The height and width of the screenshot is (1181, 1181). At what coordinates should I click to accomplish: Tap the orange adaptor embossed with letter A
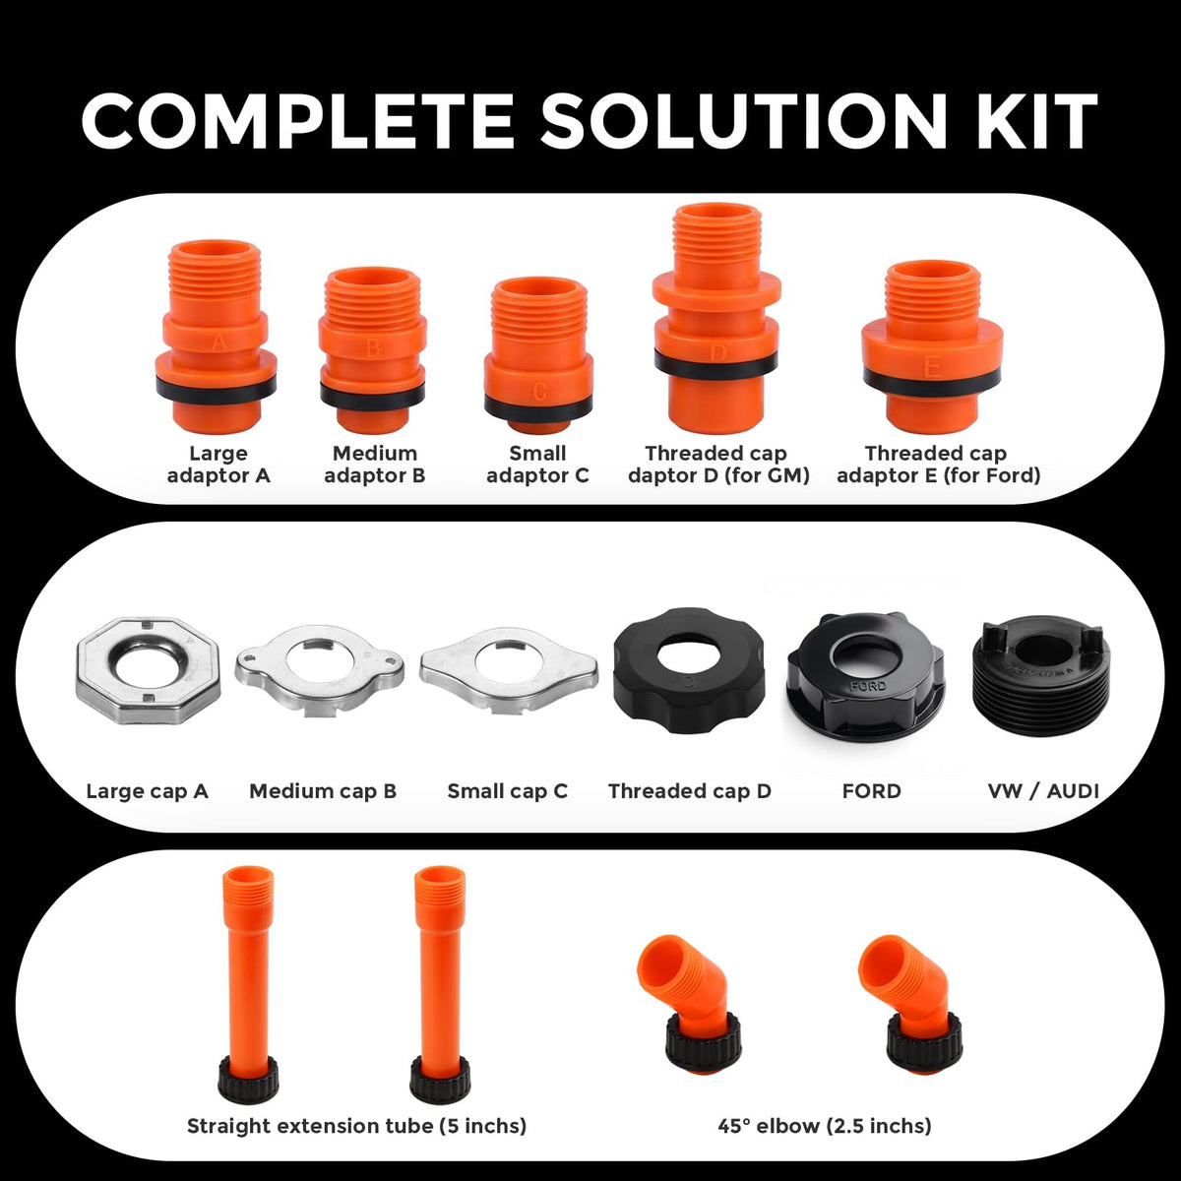(216, 336)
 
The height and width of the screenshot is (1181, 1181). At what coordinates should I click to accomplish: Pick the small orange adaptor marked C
(538, 356)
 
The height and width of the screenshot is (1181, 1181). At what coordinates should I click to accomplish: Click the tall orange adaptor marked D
(716, 318)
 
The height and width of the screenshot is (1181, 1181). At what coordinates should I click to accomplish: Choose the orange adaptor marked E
(932, 346)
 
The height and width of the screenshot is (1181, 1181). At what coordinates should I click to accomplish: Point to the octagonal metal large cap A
(148, 671)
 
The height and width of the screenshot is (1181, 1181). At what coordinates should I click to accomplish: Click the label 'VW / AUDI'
(1043, 791)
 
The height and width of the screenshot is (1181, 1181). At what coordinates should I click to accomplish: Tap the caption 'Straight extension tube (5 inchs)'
(356, 1126)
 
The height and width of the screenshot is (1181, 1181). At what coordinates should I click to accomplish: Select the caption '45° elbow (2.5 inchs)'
(825, 1126)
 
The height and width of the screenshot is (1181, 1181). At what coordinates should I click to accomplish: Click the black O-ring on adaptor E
(932, 381)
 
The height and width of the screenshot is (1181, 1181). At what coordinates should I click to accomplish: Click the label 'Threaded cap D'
(690, 791)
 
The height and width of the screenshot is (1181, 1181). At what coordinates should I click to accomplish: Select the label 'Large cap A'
(147, 791)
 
